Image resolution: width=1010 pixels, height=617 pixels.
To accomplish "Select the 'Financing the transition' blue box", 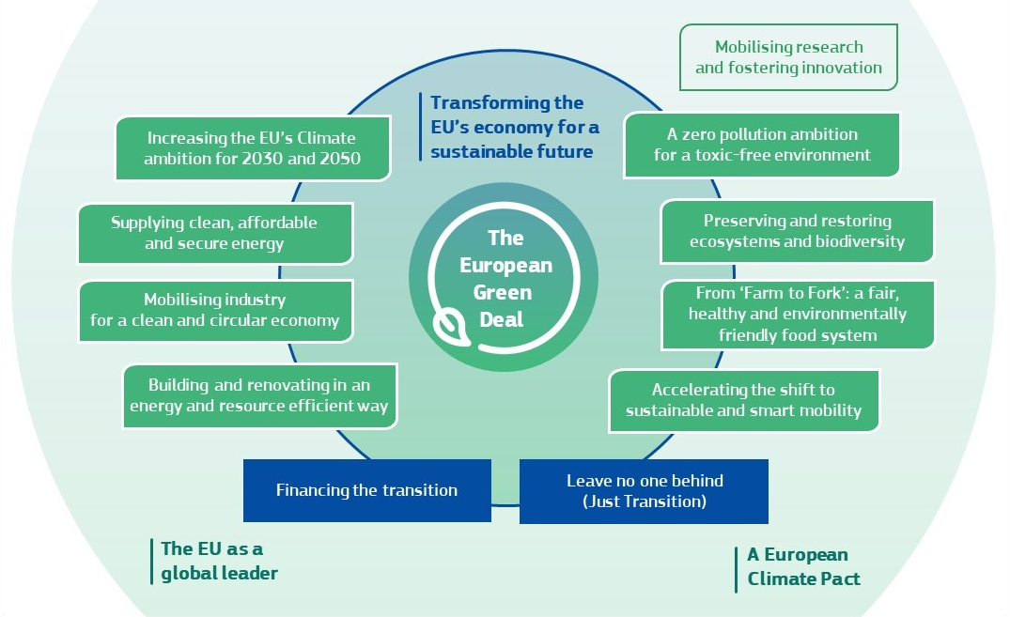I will pos(366,490).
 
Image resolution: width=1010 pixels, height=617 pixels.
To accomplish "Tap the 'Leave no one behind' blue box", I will pos(644,491).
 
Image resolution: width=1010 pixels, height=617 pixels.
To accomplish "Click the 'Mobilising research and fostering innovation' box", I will pos(788,57).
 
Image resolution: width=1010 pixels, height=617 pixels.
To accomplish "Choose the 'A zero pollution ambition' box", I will pos(762,145).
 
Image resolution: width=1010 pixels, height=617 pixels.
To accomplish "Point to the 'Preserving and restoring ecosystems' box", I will pos(797,231).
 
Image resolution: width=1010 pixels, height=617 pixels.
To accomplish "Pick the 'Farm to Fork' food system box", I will pos(797,314).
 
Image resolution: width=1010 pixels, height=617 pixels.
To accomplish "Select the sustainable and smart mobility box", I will pos(743,400).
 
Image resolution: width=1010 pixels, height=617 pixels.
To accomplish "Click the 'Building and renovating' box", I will pos(259,396).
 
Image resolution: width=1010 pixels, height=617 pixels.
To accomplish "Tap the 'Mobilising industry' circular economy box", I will pos(214,310).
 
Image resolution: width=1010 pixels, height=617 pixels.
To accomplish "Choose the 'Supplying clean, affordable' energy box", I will pos(214,233).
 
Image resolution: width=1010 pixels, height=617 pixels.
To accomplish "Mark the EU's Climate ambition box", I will pos(252,148).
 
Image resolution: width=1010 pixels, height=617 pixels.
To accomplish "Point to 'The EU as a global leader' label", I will pos(219,561).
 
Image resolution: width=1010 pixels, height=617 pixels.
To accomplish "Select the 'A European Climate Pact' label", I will pos(803,566).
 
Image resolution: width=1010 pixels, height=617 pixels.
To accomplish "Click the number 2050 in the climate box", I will pos(332,159).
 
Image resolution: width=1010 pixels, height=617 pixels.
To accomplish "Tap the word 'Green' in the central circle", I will pos(505,292).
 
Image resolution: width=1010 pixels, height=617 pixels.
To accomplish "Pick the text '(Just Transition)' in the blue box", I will pos(644,501).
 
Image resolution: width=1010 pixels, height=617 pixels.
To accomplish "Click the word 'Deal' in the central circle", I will pos(505,319).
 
